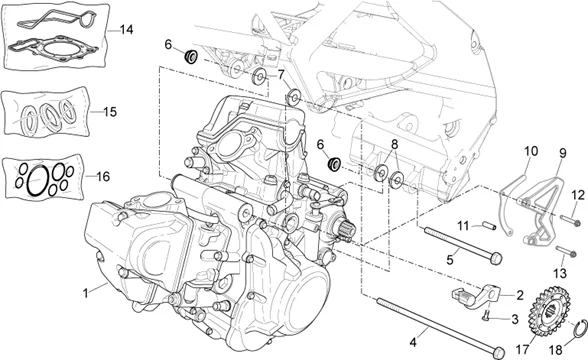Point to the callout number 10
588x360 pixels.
coord(527,151)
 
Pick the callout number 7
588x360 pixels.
coord(281,75)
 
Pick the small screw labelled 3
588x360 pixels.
coord(485,318)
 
